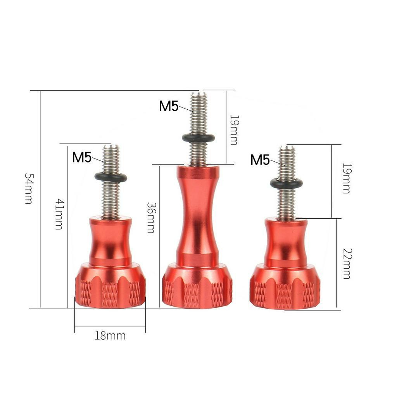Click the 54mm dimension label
29,188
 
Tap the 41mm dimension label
59,214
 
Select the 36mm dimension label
151,217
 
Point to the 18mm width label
110,336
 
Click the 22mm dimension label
347,264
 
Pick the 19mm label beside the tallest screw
233,130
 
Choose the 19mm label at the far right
346,178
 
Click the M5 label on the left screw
82,157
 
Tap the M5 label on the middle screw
169,106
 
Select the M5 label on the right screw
260,160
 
